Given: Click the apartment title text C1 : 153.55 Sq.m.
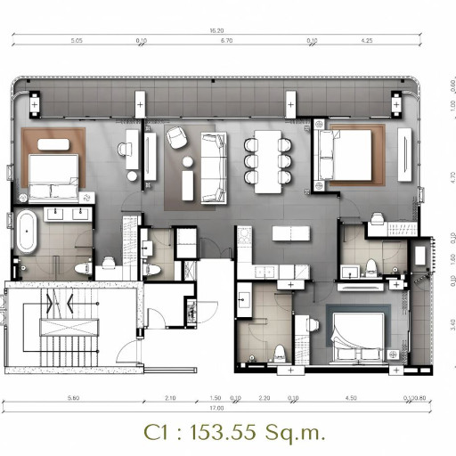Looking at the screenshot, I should (234, 432).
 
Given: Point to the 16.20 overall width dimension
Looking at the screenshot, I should (217, 30).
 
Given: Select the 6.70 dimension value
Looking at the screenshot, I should (226, 41).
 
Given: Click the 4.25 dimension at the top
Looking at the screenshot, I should (367, 41).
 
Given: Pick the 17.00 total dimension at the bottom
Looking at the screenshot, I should (216, 408).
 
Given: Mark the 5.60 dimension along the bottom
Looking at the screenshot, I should (73, 398).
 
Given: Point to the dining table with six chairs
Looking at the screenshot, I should (268, 161).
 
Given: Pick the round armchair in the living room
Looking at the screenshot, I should (175, 137).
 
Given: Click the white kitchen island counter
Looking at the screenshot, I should (288, 232).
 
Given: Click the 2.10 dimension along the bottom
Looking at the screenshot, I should (170, 398).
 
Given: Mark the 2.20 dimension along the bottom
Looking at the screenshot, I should (264, 398).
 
